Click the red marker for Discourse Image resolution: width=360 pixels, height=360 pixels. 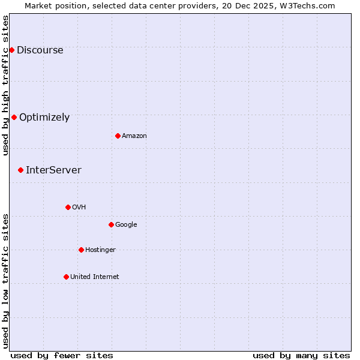coord(11,50)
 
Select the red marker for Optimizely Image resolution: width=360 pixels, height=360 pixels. coord(14,117)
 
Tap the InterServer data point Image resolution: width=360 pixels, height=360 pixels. coord(20,170)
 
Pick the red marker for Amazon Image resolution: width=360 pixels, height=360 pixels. coord(118,136)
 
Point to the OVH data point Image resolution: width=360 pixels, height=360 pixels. coord(68,207)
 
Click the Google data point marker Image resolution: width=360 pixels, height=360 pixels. coord(111,224)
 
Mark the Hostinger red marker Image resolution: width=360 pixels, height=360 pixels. coord(81,250)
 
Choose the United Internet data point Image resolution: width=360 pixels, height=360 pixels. coord(66,277)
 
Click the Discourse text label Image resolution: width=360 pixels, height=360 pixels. coord(40,50)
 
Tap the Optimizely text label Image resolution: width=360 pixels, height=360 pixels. coord(44,118)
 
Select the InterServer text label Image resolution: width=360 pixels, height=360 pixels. coord(53,170)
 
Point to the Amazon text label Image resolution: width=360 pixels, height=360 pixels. coord(134,136)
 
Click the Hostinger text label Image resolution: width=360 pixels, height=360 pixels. coord(100,250)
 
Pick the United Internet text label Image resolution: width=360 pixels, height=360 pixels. coord(95,277)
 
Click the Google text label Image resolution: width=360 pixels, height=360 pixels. coord(126,225)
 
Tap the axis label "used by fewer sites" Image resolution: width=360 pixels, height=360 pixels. coord(62,355)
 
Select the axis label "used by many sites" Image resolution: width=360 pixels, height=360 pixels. coord(301,355)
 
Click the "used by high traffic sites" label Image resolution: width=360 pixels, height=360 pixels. coord(6,85)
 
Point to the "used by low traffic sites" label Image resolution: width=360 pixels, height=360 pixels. coord(6,281)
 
